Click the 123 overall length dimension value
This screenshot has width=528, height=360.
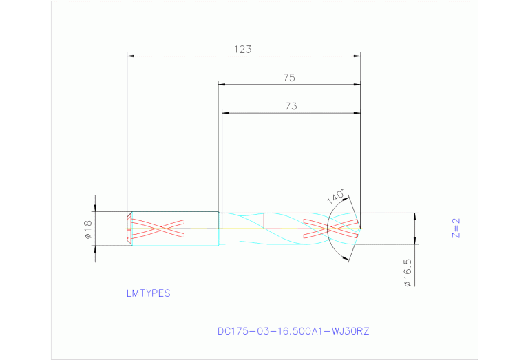242,50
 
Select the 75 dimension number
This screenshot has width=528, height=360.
289,78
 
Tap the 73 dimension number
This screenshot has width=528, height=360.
291,106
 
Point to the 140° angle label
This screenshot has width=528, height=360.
335,196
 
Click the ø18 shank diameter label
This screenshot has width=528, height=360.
88,229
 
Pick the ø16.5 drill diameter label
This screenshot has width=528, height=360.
407,271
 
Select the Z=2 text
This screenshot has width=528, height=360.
455,228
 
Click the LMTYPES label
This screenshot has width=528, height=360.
148,293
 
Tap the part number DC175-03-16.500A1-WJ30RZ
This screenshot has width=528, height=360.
293,331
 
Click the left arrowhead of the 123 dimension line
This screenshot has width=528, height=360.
131,56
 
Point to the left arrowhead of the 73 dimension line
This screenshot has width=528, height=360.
224,113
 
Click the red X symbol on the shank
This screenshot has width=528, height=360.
158,228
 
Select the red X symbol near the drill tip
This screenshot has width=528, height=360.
330,228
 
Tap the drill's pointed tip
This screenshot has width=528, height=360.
361,228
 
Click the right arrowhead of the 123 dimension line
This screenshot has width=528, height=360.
357,56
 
